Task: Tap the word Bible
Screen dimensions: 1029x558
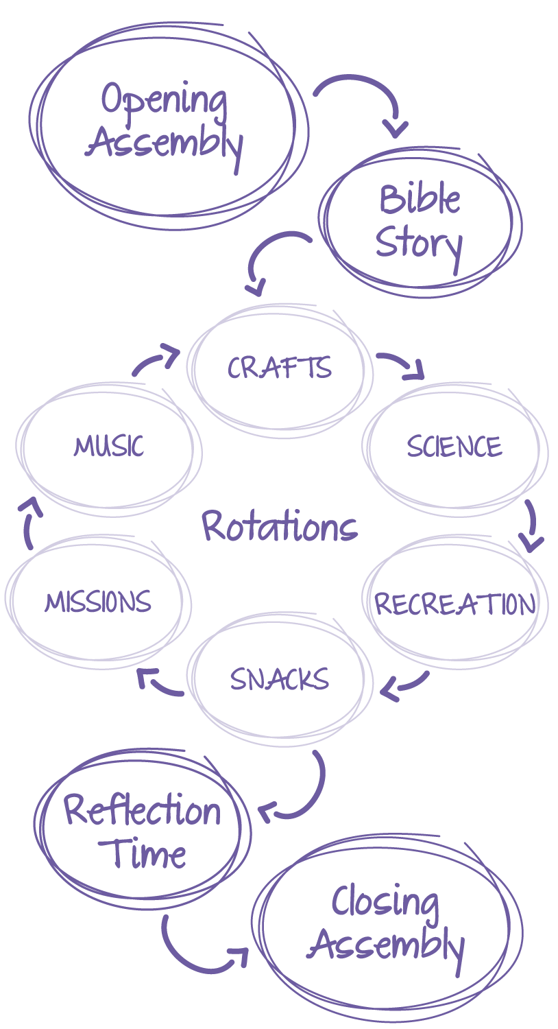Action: coord(420,200)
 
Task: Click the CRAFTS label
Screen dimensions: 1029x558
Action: coord(280,368)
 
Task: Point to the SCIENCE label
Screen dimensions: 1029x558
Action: coord(454,447)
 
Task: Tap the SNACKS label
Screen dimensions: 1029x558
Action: coord(280,680)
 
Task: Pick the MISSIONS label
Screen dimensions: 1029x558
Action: coord(98,602)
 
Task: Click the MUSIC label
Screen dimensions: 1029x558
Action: coord(109,447)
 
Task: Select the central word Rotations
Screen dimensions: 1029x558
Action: coord(280,528)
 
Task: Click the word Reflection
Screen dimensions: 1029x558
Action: coord(143,811)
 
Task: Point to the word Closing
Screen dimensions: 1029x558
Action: coord(385,903)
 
